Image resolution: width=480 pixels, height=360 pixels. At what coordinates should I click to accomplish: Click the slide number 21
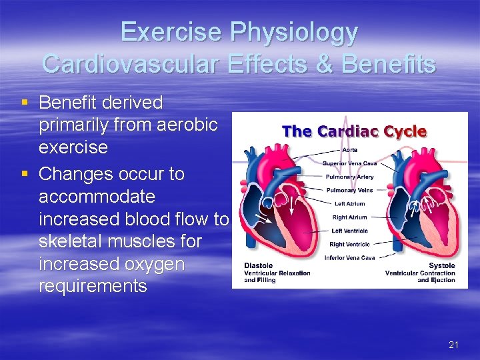(454, 345)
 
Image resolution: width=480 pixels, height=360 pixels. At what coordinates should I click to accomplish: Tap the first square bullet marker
(25, 103)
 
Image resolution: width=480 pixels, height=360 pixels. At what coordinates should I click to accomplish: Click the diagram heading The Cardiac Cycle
(354, 131)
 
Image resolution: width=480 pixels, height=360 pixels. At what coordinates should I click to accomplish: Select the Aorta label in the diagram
(349, 150)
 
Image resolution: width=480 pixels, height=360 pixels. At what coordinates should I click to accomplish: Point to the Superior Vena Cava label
(349, 163)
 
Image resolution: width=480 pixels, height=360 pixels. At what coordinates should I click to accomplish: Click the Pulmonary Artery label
(349, 177)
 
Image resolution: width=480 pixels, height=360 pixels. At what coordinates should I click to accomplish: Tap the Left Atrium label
(349, 204)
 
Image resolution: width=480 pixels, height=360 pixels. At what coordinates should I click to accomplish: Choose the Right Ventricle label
(349, 244)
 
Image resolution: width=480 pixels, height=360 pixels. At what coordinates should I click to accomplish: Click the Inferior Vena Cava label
(349, 257)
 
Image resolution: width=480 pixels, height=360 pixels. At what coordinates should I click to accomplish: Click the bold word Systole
(441, 266)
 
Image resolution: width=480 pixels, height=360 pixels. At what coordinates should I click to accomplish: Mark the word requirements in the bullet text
(93, 287)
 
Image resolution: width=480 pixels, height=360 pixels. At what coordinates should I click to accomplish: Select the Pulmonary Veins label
(349, 190)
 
